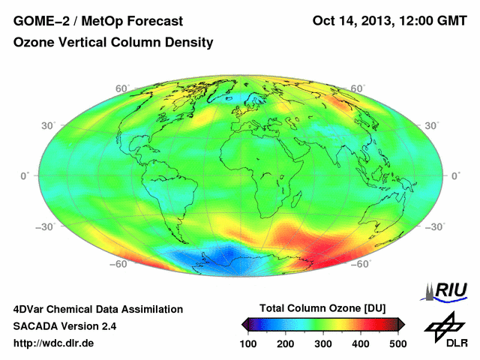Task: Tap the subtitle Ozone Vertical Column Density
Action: pyautogui.click(x=113, y=43)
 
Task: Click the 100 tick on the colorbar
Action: pyautogui.click(x=249, y=343)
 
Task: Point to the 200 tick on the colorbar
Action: pyautogui.click(x=286, y=343)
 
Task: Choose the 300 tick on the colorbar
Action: pyautogui.click(x=323, y=343)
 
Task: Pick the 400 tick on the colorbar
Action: pyautogui.click(x=360, y=343)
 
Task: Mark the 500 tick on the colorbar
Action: pyautogui.click(x=397, y=343)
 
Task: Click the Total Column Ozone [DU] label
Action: pyautogui.click(x=322, y=308)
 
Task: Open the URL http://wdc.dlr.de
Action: pyautogui.click(x=54, y=343)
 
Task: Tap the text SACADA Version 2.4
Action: pyautogui.click(x=64, y=326)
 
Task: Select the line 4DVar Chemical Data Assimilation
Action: pyautogui.click(x=97, y=309)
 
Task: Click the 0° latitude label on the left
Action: pyautogui.click(x=25, y=175)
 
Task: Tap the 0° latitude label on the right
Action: pyautogui.click(x=455, y=175)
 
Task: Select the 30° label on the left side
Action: pyautogui.click(x=48, y=125)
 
